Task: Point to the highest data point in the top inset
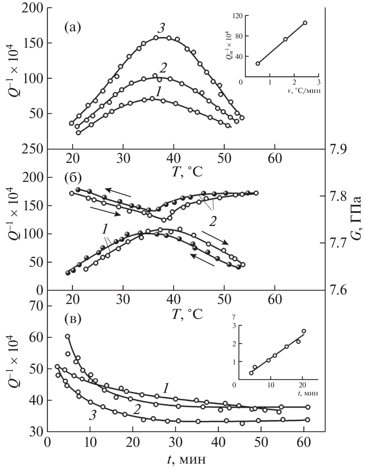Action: [x=305, y=23]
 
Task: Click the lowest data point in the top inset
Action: [x=257, y=63]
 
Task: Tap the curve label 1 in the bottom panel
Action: [x=165, y=388]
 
